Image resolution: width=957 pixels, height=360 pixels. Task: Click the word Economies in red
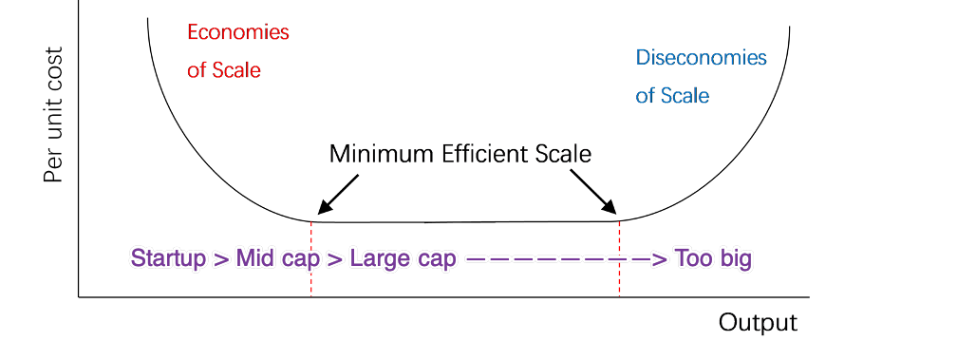tap(238, 32)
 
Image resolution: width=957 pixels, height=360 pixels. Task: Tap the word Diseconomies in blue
tap(701, 58)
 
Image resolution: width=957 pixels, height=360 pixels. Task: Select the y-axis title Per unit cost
tap(53, 117)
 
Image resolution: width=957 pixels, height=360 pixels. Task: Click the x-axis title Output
tap(758, 323)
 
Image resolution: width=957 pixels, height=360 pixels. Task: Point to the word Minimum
tap(376, 154)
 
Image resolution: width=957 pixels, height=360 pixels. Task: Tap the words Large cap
tap(403, 258)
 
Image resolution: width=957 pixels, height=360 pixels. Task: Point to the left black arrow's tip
tap(320, 213)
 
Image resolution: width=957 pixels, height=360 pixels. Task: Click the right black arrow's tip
tap(614, 213)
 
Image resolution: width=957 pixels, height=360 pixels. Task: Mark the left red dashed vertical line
tap(310, 275)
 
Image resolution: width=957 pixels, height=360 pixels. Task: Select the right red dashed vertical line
tap(620, 275)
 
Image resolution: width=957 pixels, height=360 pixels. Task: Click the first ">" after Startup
tap(220, 258)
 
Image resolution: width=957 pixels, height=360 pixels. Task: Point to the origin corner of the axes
tap(79, 297)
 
